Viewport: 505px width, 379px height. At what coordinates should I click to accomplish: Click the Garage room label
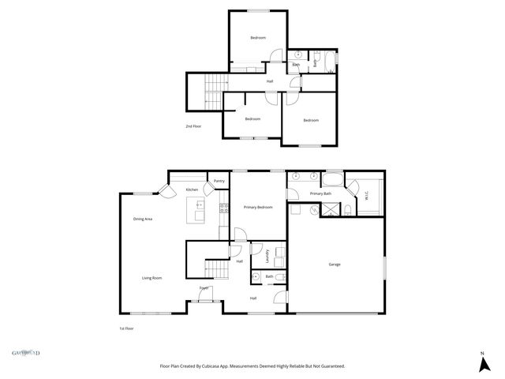[x=335, y=265]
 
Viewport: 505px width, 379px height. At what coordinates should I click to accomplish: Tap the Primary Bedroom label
[x=258, y=207]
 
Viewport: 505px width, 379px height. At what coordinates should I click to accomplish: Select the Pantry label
[x=219, y=182]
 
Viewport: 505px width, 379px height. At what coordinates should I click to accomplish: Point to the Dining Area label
[x=142, y=219]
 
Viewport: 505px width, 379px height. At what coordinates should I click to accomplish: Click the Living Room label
[x=151, y=278]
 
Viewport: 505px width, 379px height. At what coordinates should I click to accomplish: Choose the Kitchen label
[x=192, y=190]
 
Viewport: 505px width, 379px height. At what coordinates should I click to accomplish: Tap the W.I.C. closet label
[x=366, y=196]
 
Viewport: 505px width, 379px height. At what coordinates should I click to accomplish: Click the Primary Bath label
[x=320, y=193]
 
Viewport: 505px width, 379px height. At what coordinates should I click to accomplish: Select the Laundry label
[x=267, y=255]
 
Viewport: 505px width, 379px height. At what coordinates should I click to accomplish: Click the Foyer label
[x=204, y=288]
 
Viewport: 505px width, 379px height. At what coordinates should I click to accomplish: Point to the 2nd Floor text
[x=193, y=126]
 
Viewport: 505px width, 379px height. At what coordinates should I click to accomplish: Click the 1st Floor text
[x=126, y=328]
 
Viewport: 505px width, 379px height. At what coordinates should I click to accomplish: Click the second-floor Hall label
[x=270, y=81]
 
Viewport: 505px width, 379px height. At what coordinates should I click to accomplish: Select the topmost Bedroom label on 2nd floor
[x=258, y=38]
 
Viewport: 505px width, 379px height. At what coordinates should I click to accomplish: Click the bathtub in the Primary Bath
[x=333, y=177]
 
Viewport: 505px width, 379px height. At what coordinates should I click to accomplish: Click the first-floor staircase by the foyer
[x=215, y=269]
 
